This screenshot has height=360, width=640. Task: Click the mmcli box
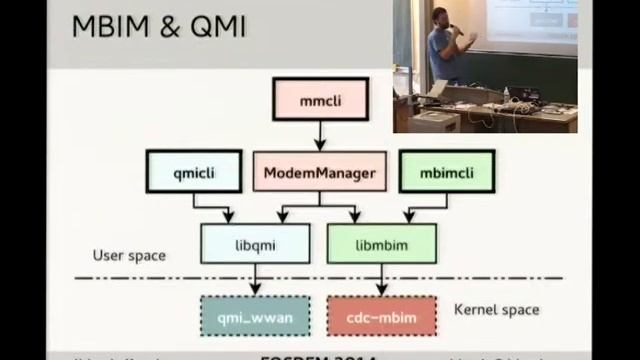[320, 101]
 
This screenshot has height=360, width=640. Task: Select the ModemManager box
[319, 173]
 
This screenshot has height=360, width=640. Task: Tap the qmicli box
[194, 172]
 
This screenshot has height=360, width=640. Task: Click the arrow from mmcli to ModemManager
[320, 135]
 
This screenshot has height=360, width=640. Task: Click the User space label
[129, 255]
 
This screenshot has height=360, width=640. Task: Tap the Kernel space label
[497, 309]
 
